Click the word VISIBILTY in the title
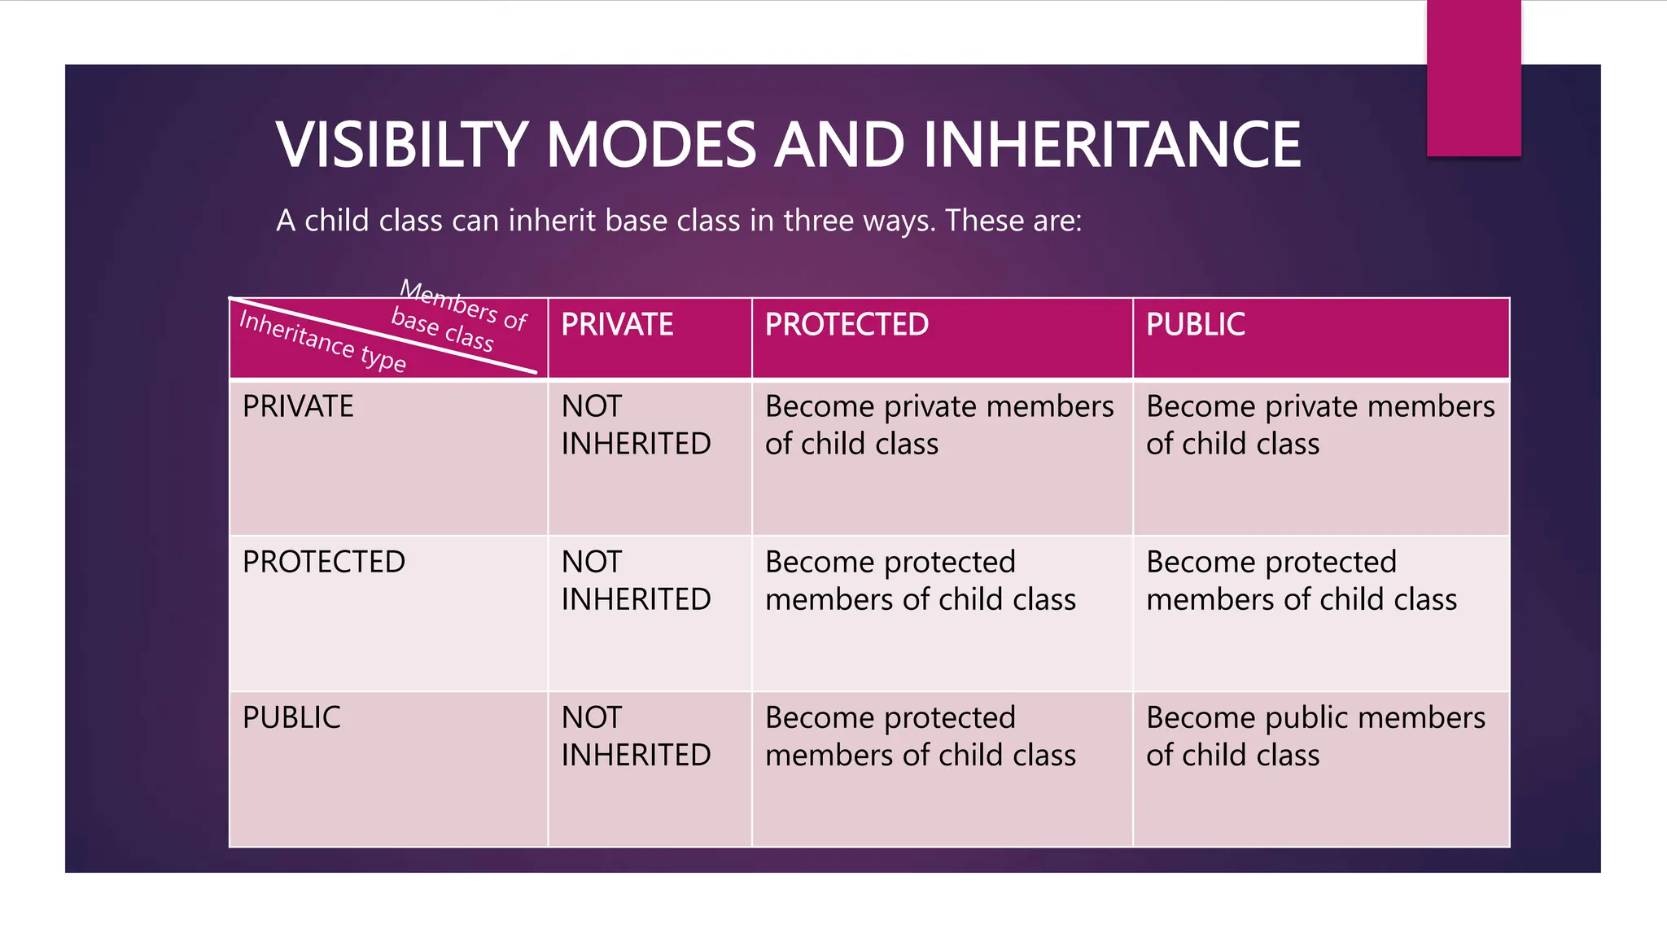pos(402,145)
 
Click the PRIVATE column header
pos(617,325)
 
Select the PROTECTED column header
pos(847,325)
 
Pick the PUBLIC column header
pos(1195,325)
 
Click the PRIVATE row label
pos(298,406)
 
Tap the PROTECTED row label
pos(323,562)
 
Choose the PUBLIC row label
pos(291,717)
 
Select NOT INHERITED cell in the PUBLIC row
pos(636,736)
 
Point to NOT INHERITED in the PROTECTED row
pos(636,581)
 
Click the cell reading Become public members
pos(1315,736)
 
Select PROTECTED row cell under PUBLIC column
pos(1301,581)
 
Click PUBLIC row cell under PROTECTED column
pos(920,736)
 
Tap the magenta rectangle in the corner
pos(1473,77)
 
